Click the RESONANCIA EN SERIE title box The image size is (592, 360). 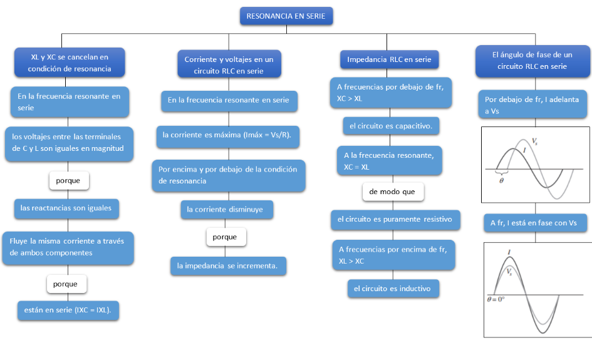pyautogui.click(x=286, y=16)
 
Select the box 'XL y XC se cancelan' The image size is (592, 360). pyautogui.click(x=70, y=63)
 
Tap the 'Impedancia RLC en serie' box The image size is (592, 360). pyautogui.click(x=389, y=59)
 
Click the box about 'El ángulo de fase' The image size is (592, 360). pyautogui.click(x=532, y=61)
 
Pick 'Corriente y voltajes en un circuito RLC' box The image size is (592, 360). pyautogui.click(x=229, y=65)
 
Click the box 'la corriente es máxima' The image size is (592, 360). pyautogui.click(x=231, y=135)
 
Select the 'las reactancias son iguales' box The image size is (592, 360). pyautogui.click(x=66, y=208)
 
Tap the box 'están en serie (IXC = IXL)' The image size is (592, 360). pyautogui.click(x=68, y=311)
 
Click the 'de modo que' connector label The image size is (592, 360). pyautogui.click(x=393, y=192)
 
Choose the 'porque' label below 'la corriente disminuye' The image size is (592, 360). pyautogui.click(x=226, y=237)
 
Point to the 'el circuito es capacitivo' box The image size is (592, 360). pyautogui.click(x=391, y=126)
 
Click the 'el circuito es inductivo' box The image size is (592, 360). pyautogui.click(x=393, y=289)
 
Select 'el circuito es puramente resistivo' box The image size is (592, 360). pyautogui.click(x=395, y=220)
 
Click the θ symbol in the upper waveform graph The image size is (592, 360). pyautogui.click(x=501, y=180)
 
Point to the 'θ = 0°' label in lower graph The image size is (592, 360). pyautogui.click(x=496, y=300)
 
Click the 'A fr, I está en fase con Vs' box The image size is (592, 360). pyautogui.click(x=534, y=222)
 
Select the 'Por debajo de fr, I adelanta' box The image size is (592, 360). pyautogui.click(x=532, y=105)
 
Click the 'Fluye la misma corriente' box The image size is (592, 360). pyautogui.click(x=68, y=247)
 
